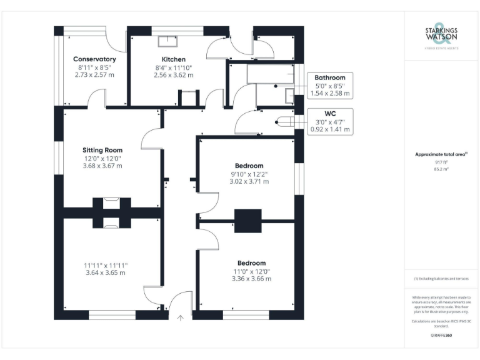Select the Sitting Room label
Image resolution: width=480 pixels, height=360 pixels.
tap(102, 150)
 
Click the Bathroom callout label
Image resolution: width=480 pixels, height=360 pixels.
tap(330, 77)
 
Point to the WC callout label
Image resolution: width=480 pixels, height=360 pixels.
tap(330, 113)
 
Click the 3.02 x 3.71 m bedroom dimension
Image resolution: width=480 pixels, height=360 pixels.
tap(249, 182)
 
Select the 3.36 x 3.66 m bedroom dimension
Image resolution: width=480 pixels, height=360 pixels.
tap(251, 279)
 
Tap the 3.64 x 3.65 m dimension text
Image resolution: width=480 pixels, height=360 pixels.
tap(105, 273)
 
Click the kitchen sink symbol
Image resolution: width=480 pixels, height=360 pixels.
tap(167, 42)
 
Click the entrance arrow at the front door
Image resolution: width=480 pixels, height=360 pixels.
tap(180, 319)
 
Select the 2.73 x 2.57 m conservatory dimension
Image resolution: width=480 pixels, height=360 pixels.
tap(94, 74)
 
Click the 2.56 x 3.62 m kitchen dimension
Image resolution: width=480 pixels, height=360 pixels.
tap(173, 74)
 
